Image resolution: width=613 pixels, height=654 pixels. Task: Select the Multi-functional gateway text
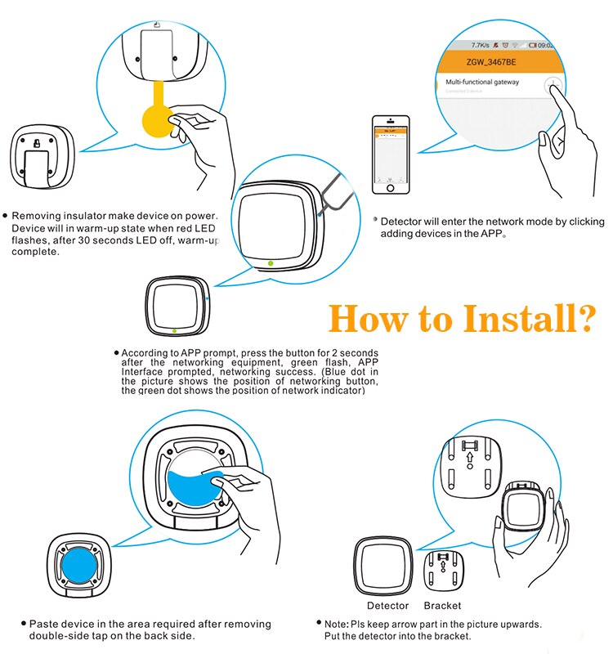[482, 83]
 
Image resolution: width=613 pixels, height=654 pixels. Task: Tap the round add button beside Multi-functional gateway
[553, 85]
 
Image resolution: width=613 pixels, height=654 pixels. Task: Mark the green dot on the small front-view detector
[174, 332]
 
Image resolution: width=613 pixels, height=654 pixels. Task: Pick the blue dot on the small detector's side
[209, 300]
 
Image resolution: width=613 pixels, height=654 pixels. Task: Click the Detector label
[387, 606]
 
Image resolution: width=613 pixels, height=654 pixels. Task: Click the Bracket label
[442, 606]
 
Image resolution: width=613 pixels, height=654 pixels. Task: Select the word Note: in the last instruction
[338, 624]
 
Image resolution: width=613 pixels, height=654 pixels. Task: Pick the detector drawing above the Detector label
[386, 568]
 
